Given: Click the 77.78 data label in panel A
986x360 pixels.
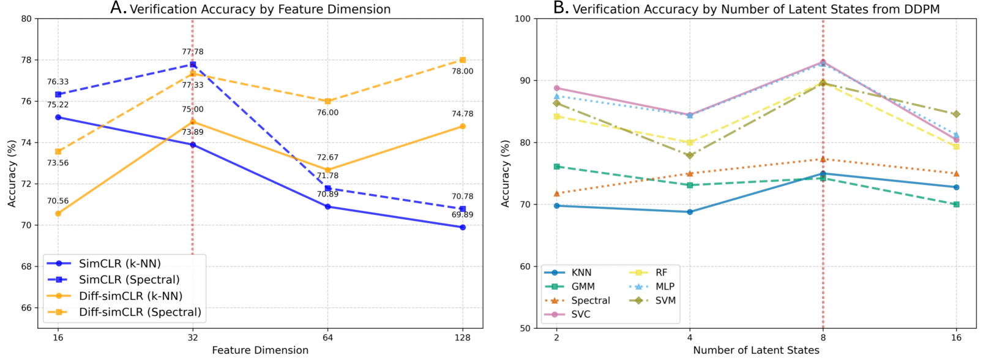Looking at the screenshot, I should click(x=192, y=52).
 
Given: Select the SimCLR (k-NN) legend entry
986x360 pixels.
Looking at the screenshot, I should click(x=119, y=264).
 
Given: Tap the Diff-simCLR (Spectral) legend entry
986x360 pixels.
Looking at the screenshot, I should click(x=140, y=312).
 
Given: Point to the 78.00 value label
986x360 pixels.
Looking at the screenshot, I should click(x=462, y=72).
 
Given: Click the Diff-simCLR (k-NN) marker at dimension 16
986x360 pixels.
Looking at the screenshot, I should click(x=58, y=214).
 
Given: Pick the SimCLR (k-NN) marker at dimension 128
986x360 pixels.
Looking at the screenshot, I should click(x=463, y=227).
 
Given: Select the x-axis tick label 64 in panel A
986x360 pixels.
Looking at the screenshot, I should click(x=327, y=337).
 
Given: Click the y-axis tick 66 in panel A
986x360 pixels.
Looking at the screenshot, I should click(x=26, y=308).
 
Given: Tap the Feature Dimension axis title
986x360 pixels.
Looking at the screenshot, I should click(x=260, y=350).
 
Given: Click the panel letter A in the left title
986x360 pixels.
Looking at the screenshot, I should click(x=118, y=8).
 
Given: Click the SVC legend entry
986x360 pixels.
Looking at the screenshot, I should click(x=580, y=315).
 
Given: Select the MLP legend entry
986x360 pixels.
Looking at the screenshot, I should click(x=665, y=287).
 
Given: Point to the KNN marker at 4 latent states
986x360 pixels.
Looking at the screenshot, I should click(x=690, y=212).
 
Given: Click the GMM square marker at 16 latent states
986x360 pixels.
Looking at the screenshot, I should click(x=957, y=204).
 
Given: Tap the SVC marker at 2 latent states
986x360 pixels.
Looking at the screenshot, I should click(x=556, y=88).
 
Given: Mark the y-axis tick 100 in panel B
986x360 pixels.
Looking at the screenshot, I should click(x=522, y=18).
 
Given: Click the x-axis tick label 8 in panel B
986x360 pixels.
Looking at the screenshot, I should click(x=823, y=337).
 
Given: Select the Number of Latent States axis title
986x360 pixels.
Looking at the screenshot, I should click(x=756, y=350).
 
